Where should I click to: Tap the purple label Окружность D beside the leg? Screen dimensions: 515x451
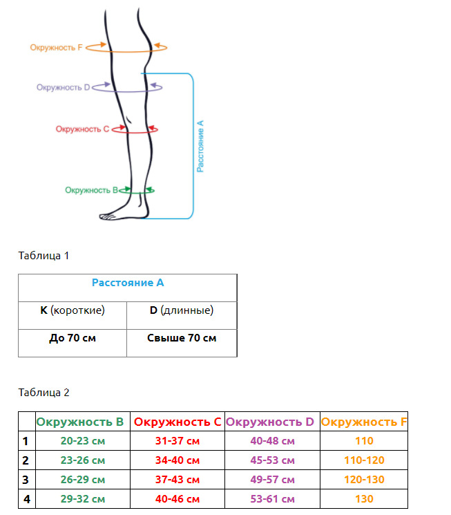64,88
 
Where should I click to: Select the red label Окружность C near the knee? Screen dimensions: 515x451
82,129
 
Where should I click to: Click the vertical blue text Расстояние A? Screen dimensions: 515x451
200,145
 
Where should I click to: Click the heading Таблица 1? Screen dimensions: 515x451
44,256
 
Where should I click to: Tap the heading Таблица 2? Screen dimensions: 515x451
44,393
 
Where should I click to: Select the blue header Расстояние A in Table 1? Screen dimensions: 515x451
128,283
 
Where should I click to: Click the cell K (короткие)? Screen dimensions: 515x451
73,310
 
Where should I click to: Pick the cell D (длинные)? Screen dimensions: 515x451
182,310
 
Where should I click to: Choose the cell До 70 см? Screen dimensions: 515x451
73,339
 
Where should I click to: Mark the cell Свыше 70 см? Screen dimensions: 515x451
182,339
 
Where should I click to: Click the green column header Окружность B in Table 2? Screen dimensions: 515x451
80,422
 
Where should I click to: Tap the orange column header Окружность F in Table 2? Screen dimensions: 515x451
364,422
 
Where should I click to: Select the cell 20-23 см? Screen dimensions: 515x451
83,441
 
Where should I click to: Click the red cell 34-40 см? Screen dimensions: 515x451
177,460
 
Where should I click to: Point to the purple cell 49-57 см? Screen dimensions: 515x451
272,480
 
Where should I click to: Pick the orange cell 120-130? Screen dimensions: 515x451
364,480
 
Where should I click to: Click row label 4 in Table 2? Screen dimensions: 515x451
26,499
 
